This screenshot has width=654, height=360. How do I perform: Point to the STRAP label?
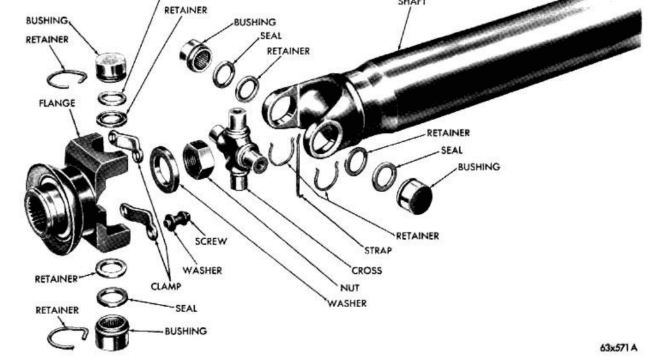tap(377, 250)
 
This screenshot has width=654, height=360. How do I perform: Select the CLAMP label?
tap(165, 286)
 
